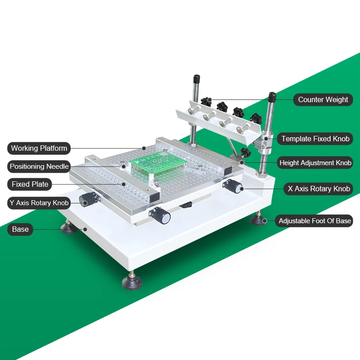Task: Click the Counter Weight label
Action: click(323, 99)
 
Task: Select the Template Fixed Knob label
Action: click(315, 139)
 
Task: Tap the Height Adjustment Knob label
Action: click(315, 162)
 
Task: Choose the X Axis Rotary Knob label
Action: click(319, 189)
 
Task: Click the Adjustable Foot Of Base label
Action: click(315, 220)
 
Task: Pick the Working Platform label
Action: click(39, 148)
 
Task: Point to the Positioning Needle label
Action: click(39, 166)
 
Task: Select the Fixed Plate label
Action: click(30, 184)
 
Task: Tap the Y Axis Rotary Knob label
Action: click(39, 202)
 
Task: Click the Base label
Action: click(20, 229)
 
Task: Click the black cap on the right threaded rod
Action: click(272, 97)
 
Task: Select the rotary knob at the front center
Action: click(163, 217)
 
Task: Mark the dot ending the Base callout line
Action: click(85, 229)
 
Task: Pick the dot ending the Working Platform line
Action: click(144, 148)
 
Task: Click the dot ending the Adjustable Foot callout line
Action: click(265, 220)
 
